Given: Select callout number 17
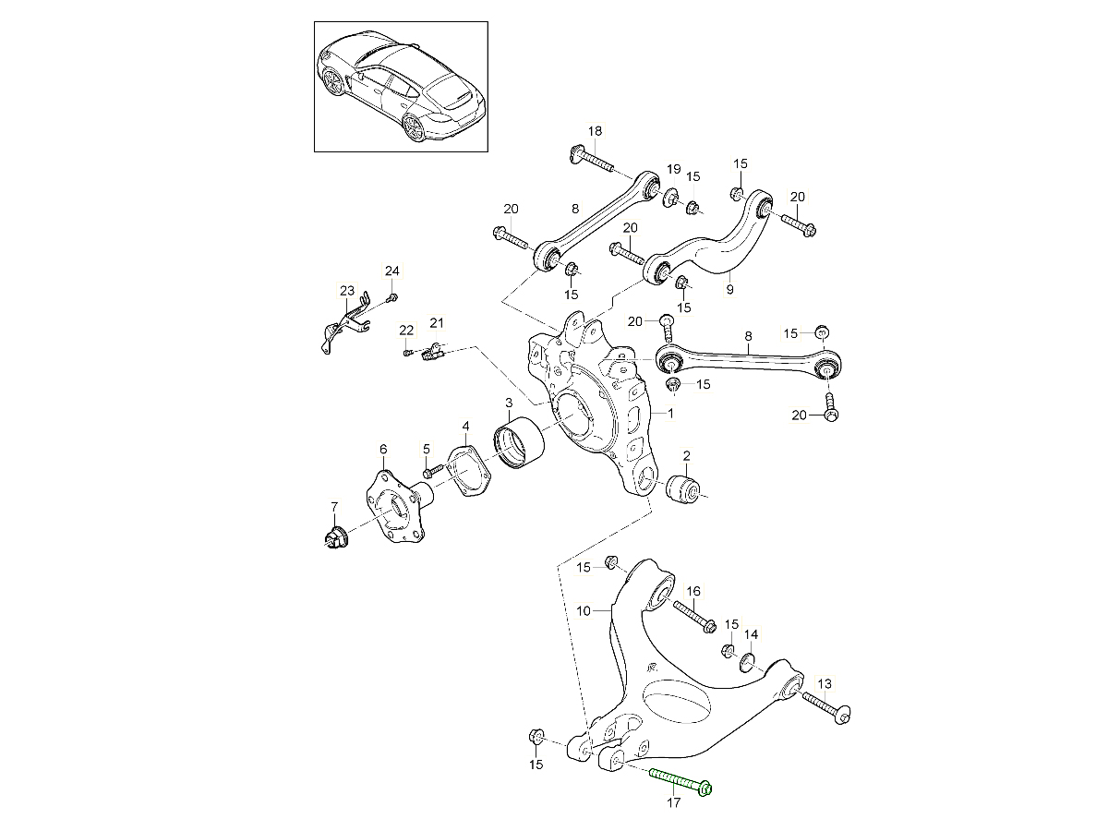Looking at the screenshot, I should click(674, 803).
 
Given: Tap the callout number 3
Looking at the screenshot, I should click(509, 403).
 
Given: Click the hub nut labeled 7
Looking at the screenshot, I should click(334, 535).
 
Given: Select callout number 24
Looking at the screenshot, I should click(392, 271).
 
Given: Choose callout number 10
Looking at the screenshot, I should click(583, 610).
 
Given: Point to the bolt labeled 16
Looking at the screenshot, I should click(694, 615).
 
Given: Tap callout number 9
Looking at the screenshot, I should click(729, 289).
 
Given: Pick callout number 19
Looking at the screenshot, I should click(674, 169).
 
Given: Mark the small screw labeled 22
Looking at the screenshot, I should click(407, 351).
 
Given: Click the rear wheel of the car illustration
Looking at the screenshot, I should click(415, 128).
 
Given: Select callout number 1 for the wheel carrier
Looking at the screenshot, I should click(671, 415).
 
